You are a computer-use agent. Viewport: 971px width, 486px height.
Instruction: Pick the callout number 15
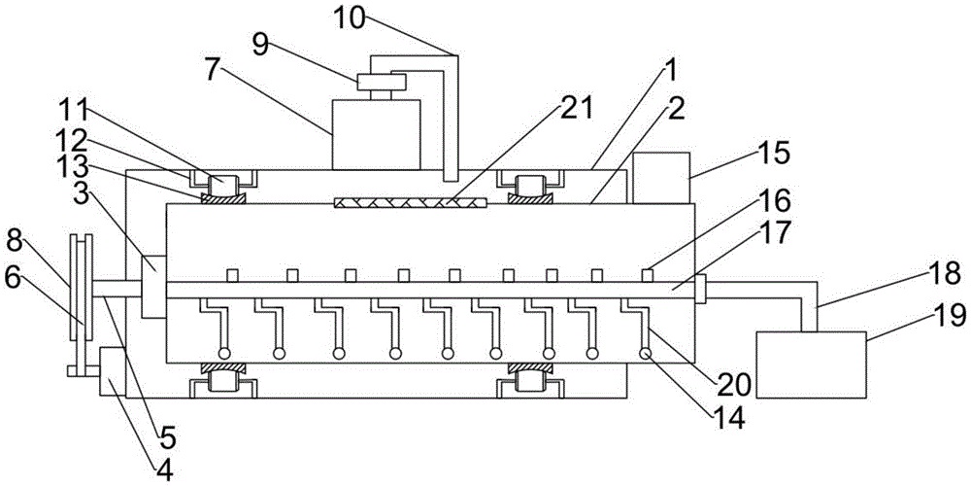click(x=773, y=153)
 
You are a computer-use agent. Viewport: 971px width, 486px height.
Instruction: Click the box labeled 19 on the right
click(x=810, y=364)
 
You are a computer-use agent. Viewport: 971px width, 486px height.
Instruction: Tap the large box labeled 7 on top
click(x=376, y=132)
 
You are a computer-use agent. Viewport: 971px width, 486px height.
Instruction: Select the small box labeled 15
click(x=660, y=177)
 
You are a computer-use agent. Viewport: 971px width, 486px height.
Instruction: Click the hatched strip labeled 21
click(x=409, y=203)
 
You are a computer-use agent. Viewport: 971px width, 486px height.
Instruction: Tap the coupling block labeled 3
click(x=155, y=287)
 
